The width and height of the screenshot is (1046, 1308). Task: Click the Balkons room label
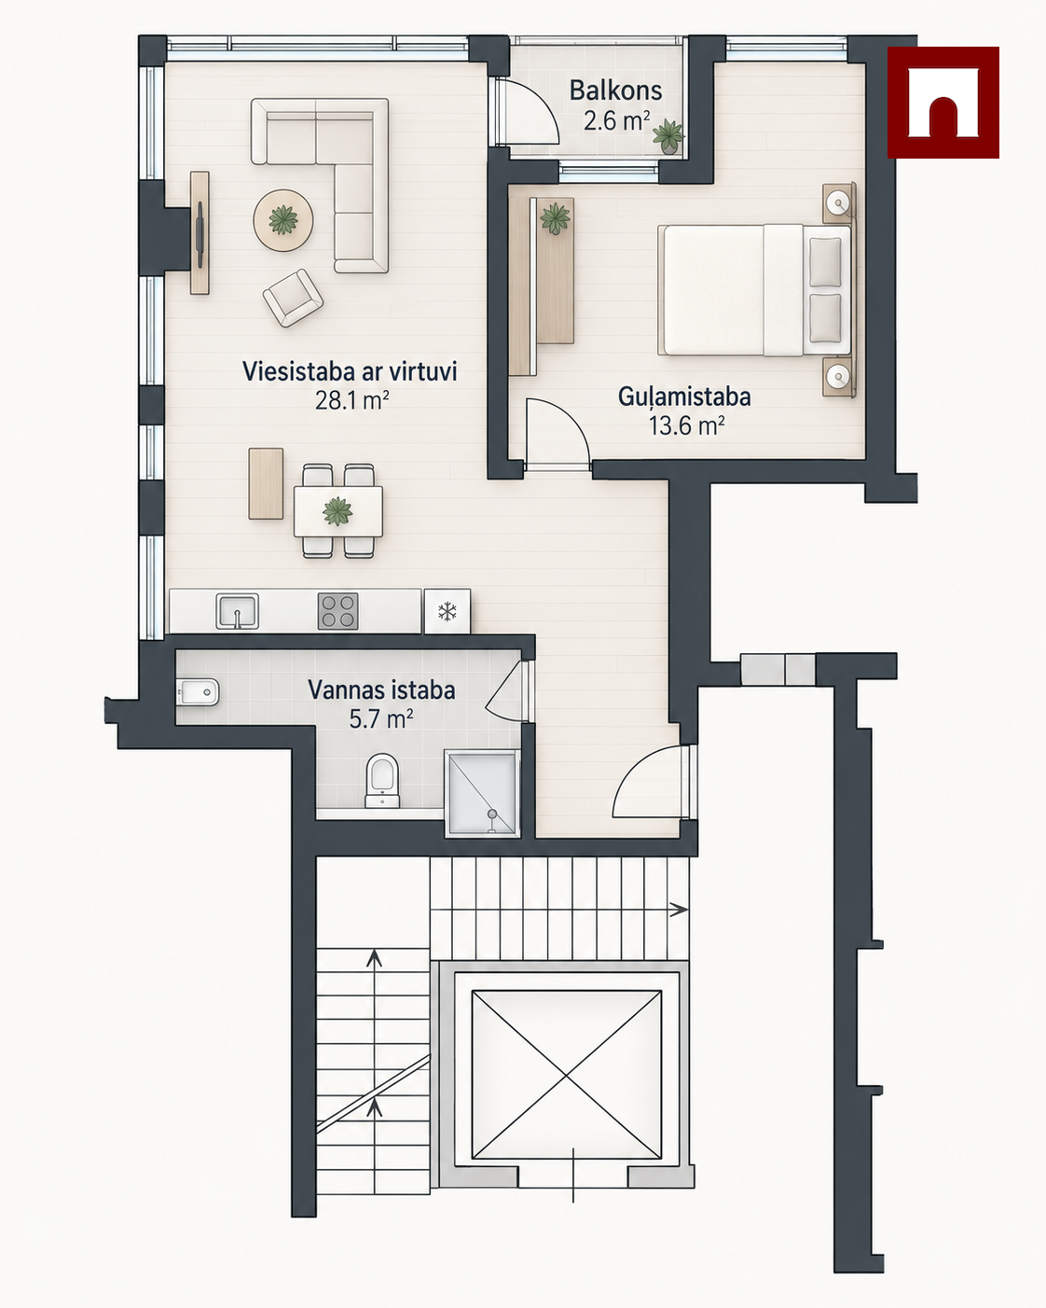pyautogui.click(x=615, y=91)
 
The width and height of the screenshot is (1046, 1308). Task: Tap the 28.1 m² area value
pyautogui.click(x=351, y=400)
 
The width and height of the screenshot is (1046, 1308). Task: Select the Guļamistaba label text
pyautogui.click(x=684, y=397)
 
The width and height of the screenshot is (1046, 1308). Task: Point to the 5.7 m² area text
pyautogui.click(x=381, y=719)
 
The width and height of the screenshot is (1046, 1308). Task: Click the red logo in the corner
pyautogui.click(x=943, y=102)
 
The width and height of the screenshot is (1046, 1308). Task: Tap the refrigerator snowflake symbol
pyautogui.click(x=447, y=611)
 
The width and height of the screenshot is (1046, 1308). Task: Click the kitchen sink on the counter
pyautogui.click(x=237, y=611)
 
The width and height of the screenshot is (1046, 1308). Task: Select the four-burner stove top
pyautogui.click(x=337, y=611)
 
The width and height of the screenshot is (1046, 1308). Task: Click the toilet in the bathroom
pyautogui.click(x=382, y=781)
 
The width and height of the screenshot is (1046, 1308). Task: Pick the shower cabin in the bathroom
pyautogui.click(x=483, y=793)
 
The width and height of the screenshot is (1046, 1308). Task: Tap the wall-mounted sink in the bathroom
pyautogui.click(x=198, y=692)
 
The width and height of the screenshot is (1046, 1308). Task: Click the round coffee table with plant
pyautogui.click(x=283, y=220)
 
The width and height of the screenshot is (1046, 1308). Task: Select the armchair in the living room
pyautogui.click(x=293, y=298)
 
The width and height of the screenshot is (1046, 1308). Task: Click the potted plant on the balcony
pyautogui.click(x=668, y=136)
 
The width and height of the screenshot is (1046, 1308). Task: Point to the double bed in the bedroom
pyautogui.click(x=754, y=290)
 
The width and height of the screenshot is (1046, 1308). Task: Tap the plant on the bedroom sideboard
pyautogui.click(x=556, y=218)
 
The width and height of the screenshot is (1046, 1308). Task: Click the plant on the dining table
pyautogui.click(x=337, y=510)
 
